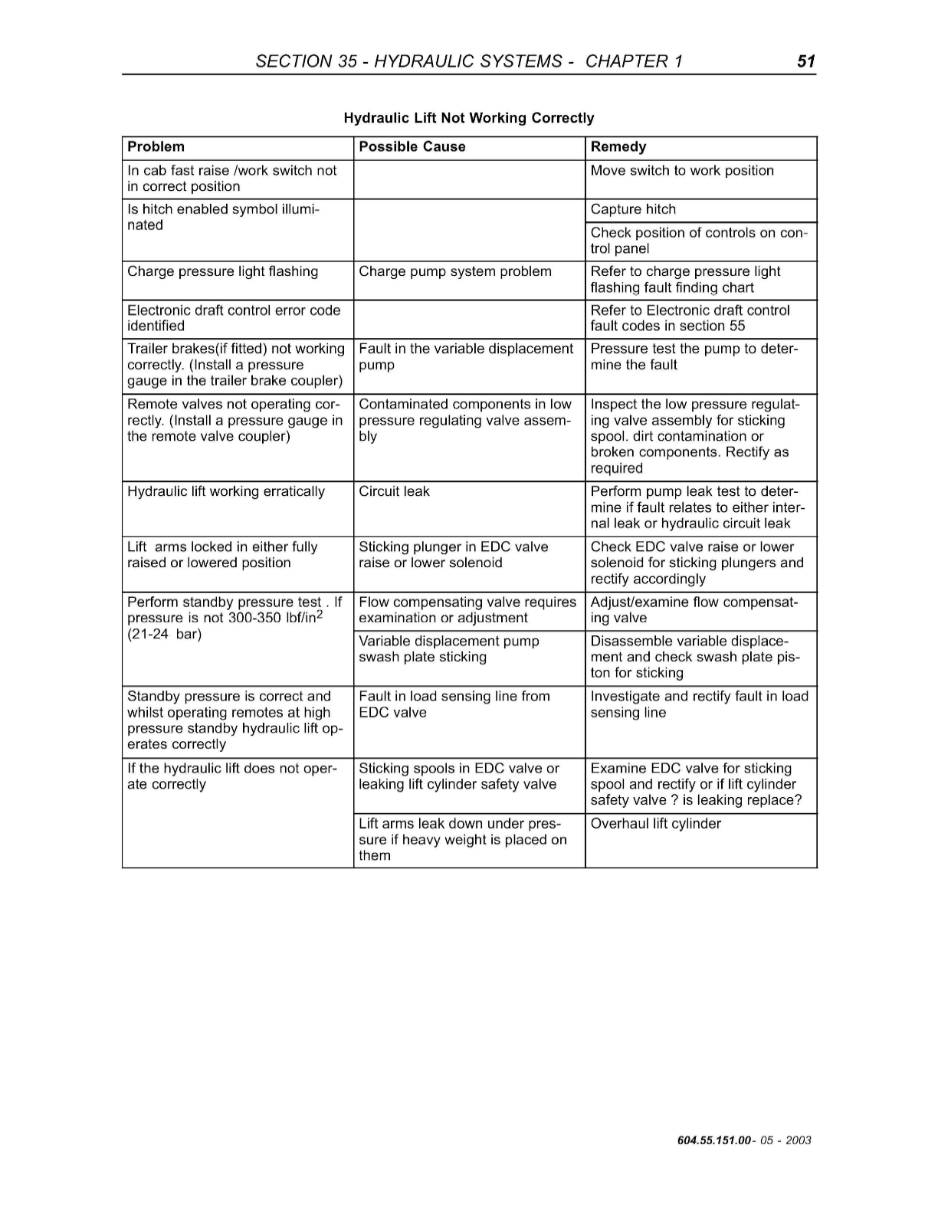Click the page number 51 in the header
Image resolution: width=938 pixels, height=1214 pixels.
click(x=805, y=61)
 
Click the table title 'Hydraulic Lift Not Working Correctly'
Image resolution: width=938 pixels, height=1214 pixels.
click(x=468, y=118)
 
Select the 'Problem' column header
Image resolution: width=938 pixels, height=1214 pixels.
click(x=156, y=147)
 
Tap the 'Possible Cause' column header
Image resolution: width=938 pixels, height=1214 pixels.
click(x=412, y=147)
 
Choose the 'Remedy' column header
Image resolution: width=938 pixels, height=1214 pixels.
click(x=618, y=147)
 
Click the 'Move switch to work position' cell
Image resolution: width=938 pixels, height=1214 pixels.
click(x=682, y=171)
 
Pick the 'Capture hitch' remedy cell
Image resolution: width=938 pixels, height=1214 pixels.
click(x=634, y=210)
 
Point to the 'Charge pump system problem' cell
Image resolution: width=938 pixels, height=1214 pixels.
click(x=455, y=272)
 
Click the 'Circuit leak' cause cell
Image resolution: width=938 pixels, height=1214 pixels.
click(x=395, y=492)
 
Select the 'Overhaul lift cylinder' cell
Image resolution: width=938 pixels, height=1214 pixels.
click(x=656, y=824)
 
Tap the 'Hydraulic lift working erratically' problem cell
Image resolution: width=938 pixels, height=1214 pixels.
click(x=226, y=492)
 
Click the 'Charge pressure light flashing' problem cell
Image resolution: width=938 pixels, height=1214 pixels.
click(x=223, y=272)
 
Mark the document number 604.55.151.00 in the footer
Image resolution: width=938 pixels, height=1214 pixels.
click(x=714, y=1140)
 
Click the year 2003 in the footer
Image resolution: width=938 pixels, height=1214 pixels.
click(x=798, y=1140)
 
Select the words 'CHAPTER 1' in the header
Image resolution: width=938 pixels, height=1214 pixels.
click(x=634, y=61)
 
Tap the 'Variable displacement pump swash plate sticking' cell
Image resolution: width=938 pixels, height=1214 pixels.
click(x=449, y=649)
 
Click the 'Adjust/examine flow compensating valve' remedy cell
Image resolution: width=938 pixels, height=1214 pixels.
click(x=694, y=610)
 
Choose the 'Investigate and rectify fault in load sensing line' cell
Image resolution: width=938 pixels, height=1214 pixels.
click(x=699, y=704)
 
